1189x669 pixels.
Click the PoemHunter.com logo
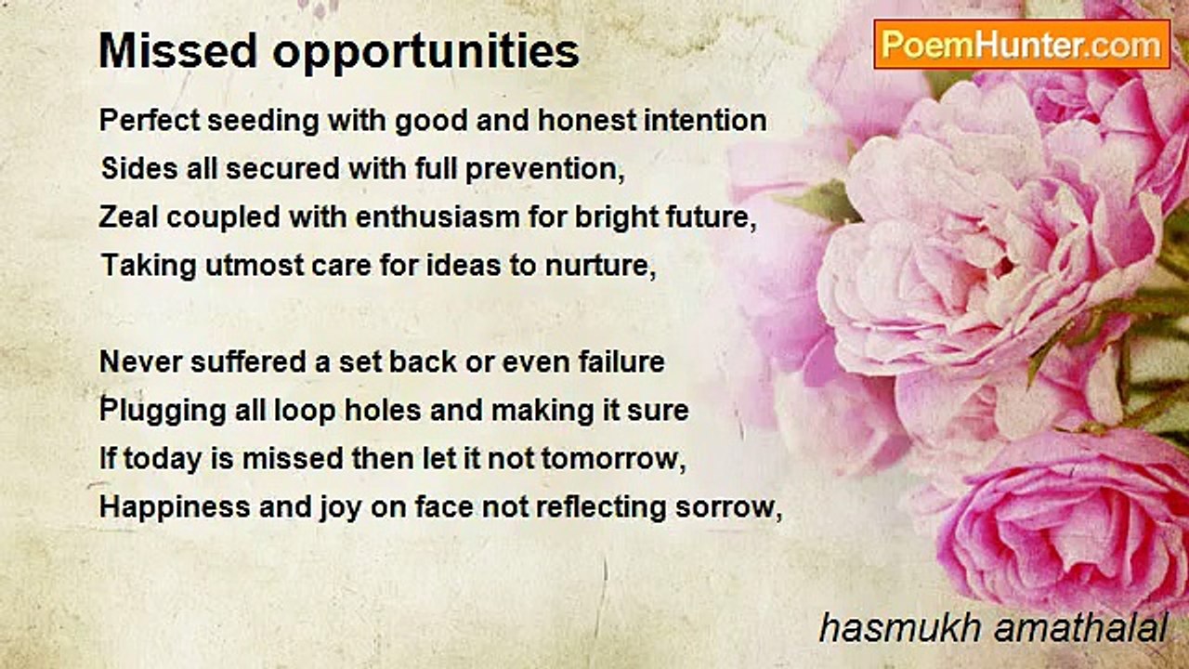coord(1022,45)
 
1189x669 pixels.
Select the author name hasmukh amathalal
coord(992,629)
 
